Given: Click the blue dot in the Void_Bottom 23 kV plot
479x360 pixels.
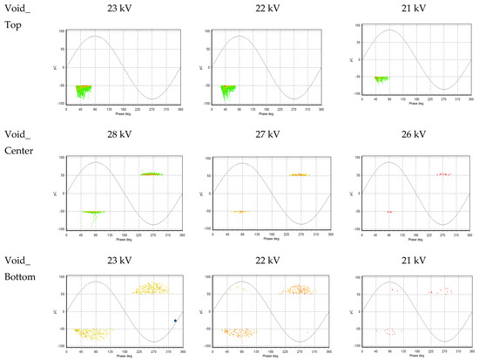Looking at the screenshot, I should [175, 321].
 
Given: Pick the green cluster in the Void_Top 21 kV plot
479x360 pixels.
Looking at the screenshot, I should [381, 78].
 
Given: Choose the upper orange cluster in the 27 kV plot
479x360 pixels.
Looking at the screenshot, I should [299, 174].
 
